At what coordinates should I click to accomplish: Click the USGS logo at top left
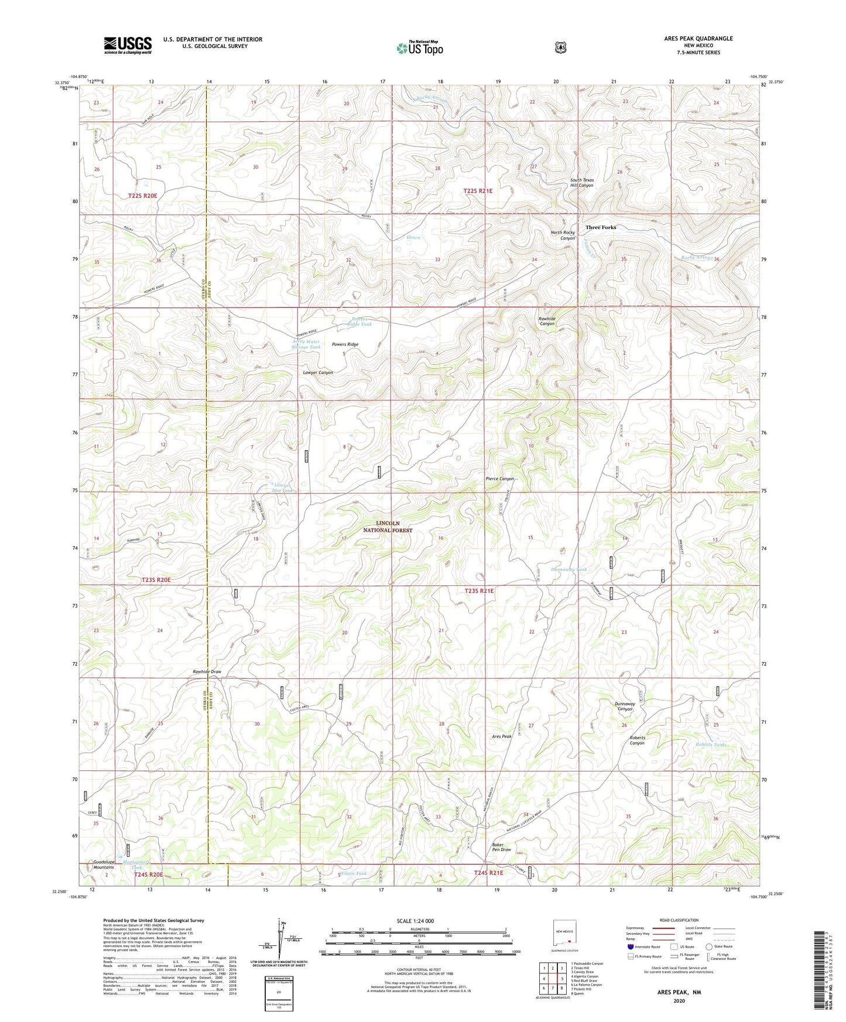coord(128,45)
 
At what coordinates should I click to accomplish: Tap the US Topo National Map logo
coord(419,47)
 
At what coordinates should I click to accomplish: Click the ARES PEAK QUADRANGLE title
coord(698,39)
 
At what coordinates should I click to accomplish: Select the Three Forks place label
coord(601,227)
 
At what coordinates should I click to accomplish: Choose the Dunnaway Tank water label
coord(568,569)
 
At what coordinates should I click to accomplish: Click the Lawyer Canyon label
coord(318,372)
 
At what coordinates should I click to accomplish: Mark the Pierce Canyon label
coord(499,479)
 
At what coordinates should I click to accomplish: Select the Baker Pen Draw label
coord(501,847)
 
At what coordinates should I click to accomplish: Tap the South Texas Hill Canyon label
coord(582,183)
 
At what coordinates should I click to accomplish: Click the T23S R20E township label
coord(156,579)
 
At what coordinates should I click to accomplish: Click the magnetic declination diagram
coord(279,948)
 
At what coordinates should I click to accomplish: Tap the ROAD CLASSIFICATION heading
coord(679,920)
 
